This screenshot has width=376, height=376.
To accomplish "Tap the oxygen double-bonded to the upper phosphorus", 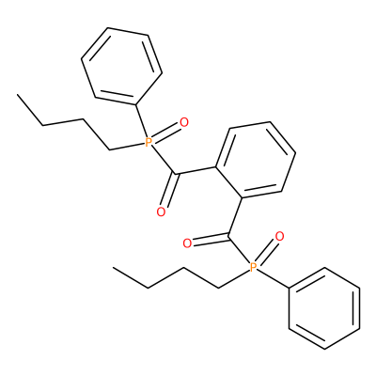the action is pos(184,122).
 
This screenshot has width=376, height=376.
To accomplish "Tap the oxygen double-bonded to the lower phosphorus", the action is pos(279,237).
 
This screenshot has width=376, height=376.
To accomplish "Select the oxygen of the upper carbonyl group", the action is pos(161,212).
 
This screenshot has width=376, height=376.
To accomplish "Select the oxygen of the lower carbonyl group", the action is pos(187,243).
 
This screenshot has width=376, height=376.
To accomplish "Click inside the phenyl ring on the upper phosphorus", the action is pos(121,66).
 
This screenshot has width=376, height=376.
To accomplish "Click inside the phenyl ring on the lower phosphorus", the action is pos(324,308).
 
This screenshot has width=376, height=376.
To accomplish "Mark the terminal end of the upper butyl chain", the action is pos(18,94).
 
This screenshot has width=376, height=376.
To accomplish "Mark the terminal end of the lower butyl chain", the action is pos(113,268).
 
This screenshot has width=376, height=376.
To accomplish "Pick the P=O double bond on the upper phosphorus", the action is pos(166,133).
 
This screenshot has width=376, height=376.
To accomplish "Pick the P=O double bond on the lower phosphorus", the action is pos(266,252).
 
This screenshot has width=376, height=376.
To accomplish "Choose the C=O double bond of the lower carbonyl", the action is pos(211,241).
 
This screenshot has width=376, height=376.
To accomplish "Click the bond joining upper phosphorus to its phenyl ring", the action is pos(141,121).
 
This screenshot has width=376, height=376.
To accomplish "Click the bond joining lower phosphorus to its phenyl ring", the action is pos(274,277).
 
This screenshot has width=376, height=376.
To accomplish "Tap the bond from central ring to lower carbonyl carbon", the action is pos(235,216).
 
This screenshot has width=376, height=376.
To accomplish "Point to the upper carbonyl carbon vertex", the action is pos(176,174).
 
